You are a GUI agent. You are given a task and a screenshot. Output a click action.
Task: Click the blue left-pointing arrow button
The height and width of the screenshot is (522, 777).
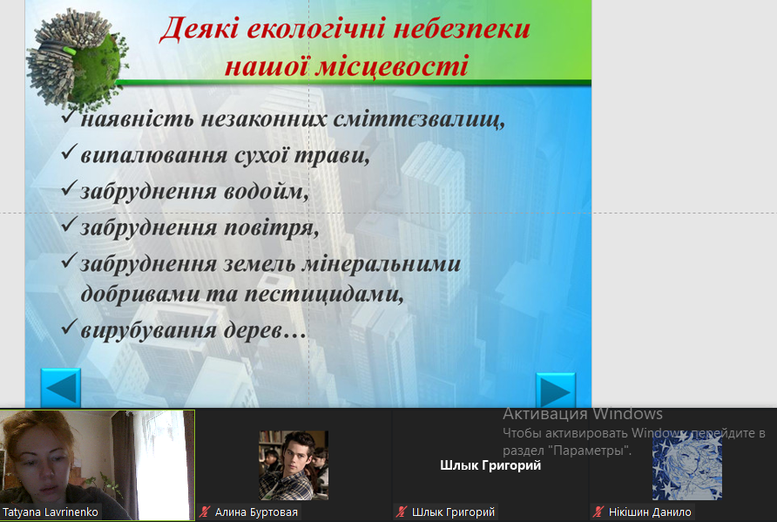pyautogui.click(x=60, y=388)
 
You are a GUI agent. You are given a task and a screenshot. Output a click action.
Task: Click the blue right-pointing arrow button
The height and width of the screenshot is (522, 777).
pyautogui.click(x=556, y=390)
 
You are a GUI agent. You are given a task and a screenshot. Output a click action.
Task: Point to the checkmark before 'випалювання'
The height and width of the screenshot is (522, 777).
pyautogui.click(x=70, y=152)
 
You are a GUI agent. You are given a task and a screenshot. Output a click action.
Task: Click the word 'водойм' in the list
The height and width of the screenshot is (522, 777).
pyautogui.click(x=266, y=192)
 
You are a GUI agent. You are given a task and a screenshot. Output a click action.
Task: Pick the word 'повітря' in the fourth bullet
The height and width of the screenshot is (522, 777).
pyautogui.click(x=272, y=228)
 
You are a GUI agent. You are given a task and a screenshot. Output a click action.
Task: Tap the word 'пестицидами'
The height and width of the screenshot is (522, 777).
pyautogui.click(x=324, y=294)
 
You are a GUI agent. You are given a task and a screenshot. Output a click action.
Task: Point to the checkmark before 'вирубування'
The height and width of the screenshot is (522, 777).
pyautogui.click(x=70, y=327)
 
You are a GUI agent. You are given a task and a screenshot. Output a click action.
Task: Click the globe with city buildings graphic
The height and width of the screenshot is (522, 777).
pyautogui.click(x=75, y=57)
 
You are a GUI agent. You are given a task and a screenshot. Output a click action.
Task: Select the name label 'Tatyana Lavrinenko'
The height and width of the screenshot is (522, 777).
pyautogui.click(x=50, y=512)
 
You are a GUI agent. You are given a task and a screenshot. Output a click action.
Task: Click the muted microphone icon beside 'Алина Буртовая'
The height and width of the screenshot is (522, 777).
pyautogui.click(x=205, y=512)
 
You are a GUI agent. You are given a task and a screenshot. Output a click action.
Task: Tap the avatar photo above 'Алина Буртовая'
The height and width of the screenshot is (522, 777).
pyautogui.click(x=294, y=465)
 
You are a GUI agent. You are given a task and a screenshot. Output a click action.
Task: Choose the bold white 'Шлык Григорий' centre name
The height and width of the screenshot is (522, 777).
pyautogui.click(x=490, y=465)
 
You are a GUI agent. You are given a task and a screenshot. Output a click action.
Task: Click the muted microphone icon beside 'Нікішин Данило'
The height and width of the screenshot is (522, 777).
pyautogui.click(x=598, y=512)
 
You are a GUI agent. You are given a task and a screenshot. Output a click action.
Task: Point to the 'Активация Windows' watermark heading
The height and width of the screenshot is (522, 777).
pyautogui.click(x=583, y=413)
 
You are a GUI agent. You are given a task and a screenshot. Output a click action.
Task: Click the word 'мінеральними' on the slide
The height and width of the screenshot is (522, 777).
pyautogui.click(x=381, y=264)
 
